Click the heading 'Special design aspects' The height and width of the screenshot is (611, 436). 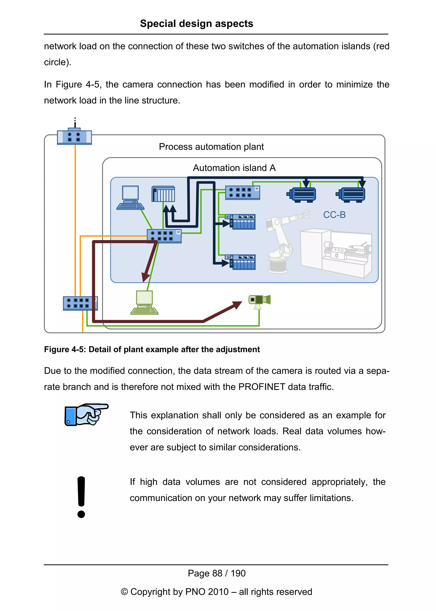pos(196,24)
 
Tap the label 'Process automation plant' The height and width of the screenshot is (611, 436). pos(211,147)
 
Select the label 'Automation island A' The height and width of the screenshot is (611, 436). pos(234,168)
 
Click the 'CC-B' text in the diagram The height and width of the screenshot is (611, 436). pos(334,215)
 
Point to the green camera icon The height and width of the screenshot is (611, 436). pos(259,301)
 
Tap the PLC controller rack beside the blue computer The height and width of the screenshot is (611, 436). pos(163,194)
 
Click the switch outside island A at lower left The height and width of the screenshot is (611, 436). pos(80,303)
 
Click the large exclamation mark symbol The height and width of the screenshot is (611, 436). pos(81,497)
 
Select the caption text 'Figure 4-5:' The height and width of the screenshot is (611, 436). pos(65,349)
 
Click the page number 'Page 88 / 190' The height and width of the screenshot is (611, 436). pos(216,573)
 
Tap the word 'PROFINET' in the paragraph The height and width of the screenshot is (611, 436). pos(261,387)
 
